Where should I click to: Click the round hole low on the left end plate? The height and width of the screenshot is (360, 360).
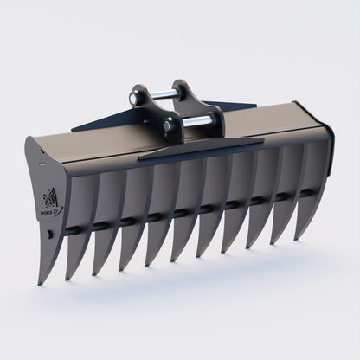pyautogui.click(x=50, y=232)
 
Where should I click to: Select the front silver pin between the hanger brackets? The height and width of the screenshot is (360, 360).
pyautogui.click(x=197, y=119)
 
